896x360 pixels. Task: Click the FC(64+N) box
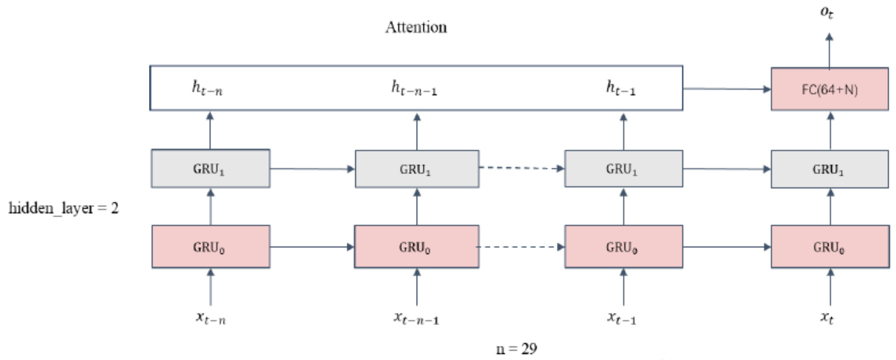[829, 88]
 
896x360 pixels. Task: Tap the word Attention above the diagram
[416, 28]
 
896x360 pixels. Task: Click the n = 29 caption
[516, 350]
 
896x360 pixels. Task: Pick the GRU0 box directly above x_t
[829, 247]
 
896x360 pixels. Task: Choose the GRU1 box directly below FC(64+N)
[829, 169]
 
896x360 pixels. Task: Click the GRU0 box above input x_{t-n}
[210, 247]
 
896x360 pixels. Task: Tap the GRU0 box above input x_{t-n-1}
[416, 247]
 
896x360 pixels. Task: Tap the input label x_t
[829, 317]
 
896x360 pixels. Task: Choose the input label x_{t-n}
[210, 317]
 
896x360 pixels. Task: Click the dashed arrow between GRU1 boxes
[520, 169]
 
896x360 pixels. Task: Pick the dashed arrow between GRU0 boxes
[520, 247]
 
